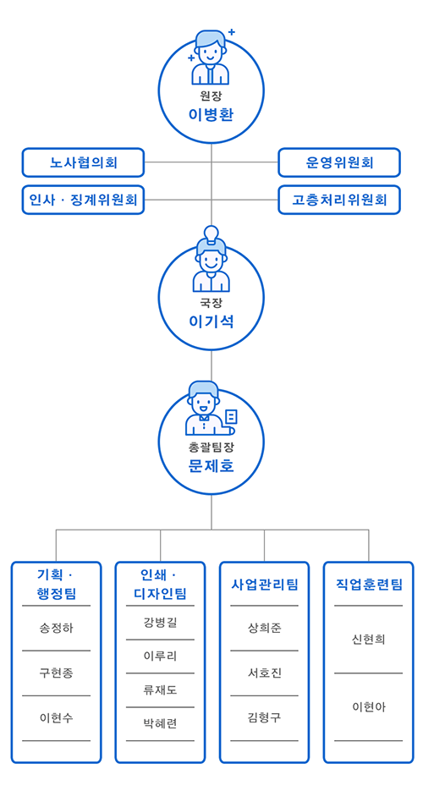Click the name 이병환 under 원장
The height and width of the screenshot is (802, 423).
coord(211,114)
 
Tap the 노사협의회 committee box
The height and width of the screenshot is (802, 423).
coord(84,162)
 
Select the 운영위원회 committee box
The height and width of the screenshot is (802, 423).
coord(339,162)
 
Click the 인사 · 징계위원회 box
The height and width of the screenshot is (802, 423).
coord(84,200)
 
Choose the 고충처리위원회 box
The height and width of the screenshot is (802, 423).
coord(339,200)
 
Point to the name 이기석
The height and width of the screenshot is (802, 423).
coord(211,321)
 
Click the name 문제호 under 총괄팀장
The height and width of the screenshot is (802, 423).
coord(211,466)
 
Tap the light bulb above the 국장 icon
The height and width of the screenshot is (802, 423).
coord(211,233)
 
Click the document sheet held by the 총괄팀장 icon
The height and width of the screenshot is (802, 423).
coord(231,417)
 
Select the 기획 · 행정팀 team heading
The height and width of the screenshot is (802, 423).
coord(57,584)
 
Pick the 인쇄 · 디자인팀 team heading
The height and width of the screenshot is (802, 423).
coord(160,584)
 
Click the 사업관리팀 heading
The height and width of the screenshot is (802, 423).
coord(265,585)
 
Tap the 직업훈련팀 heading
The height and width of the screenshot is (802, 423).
coord(369,585)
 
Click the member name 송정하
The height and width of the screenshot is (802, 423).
coord(57,628)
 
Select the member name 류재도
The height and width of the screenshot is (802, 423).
coord(160,690)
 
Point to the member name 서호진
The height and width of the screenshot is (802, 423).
coord(265,673)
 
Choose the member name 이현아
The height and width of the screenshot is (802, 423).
coord(369,707)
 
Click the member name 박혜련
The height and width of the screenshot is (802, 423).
coord(160,723)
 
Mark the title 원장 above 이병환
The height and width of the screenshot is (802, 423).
coord(211,95)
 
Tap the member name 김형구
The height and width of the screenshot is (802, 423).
coord(265,717)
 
